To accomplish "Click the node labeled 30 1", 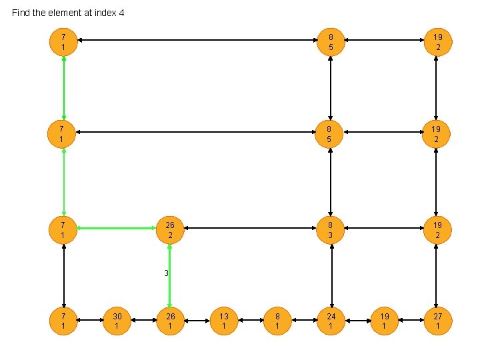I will click(117, 321).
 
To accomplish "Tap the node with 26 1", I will click(170, 321).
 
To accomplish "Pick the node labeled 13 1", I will click(224, 321).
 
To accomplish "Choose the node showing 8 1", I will click(277, 321).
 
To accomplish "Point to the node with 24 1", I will click(331, 321).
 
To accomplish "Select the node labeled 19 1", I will click(384, 321).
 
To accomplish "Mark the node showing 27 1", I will click(437, 321).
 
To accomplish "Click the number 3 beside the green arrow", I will click(166, 273).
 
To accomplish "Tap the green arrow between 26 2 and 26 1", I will click(170, 280).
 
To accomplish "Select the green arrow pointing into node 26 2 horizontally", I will click(117, 229).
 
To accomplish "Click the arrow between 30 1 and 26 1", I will click(143, 321).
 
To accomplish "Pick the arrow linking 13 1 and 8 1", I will click(251, 321).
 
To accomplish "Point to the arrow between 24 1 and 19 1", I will click(357, 321).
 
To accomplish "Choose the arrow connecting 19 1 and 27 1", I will click(411, 321).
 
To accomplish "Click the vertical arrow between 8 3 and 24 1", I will click(331, 275).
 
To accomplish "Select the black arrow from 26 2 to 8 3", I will click(251, 229).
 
